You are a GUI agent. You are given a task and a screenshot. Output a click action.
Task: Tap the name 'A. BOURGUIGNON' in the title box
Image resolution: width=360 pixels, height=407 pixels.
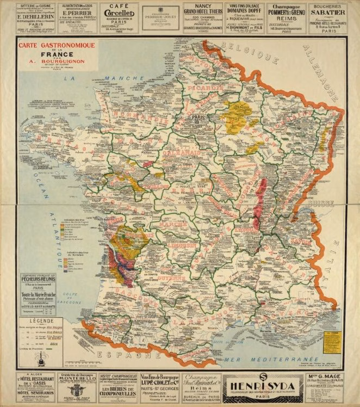57,61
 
